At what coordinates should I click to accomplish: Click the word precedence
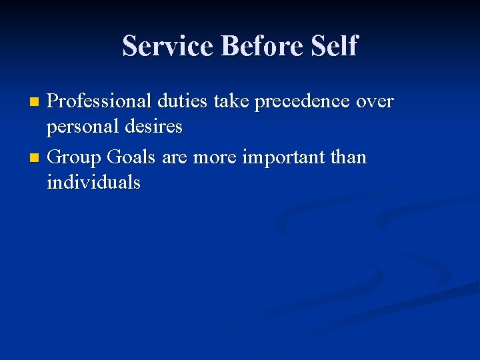306,102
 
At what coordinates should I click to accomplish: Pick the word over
376,102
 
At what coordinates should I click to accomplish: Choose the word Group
74,158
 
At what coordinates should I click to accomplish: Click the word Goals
131,157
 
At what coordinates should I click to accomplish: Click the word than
347,157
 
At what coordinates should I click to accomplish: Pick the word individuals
93,181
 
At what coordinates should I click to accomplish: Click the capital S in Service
131,46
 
